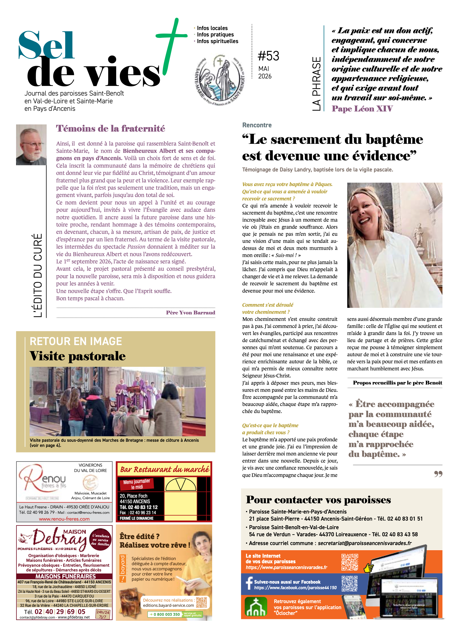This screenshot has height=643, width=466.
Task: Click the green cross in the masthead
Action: (x=172, y=36)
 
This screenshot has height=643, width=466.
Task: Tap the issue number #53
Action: (x=268, y=56)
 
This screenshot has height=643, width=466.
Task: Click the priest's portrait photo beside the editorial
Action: (x=31, y=145)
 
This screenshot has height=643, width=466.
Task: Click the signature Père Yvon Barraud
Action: (x=190, y=312)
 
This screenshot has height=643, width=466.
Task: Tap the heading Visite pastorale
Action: (x=77, y=356)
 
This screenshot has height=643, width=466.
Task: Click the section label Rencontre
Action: (x=257, y=125)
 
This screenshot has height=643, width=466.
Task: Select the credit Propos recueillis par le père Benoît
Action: (x=397, y=383)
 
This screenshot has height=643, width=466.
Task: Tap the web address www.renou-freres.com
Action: (x=64, y=519)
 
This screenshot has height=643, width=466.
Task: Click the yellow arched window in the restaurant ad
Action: (x=181, y=485)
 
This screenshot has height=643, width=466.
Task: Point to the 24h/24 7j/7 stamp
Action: (x=102, y=614)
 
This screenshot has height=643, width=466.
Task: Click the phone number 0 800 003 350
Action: (x=167, y=614)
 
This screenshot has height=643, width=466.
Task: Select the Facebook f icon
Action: (x=249, y=583)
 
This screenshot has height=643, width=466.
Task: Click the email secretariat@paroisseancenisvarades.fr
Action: (x=364, y=543)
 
